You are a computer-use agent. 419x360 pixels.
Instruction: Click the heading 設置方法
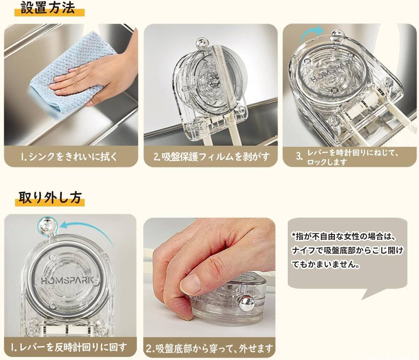[x=48, y=8]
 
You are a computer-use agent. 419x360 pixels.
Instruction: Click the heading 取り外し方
[x=50, y=197]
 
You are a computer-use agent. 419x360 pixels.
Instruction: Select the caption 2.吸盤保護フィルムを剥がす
[x=212, y=157]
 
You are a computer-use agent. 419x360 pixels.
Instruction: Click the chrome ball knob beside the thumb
[x=246, y=303]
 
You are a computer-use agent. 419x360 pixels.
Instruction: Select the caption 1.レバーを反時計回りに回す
[x=69, y=348]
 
